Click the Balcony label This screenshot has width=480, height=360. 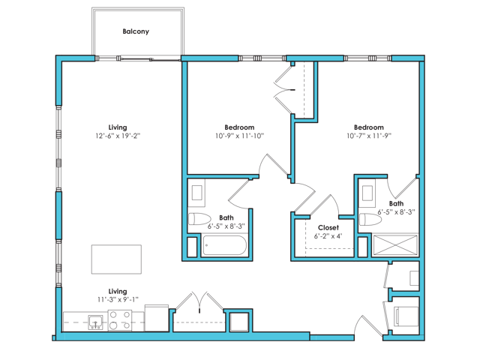coord(136,31)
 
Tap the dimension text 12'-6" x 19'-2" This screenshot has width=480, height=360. coord(118,136)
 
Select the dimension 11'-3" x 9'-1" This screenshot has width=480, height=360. coord(118,300)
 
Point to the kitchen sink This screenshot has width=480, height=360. coord(95,322)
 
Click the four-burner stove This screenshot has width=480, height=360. coord(120,320)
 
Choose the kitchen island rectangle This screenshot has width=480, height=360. coord(116,259)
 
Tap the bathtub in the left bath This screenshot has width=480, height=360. coord(224,245)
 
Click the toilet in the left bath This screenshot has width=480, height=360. coord(199,219)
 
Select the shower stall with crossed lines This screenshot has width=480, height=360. coord(395,245)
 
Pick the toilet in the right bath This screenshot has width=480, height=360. coord(370,219)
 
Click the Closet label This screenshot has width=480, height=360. coord(328,228)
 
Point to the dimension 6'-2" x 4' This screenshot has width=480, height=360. coord(328,236)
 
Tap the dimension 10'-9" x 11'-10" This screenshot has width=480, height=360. coord(239,136)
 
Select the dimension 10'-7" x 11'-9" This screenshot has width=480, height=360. coord(369,136)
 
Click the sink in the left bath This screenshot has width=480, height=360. coord(196,193)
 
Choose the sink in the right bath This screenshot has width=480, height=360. coord(367,193)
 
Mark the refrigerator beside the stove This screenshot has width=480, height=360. coord(157,318)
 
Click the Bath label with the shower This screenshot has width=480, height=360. coord(396,203)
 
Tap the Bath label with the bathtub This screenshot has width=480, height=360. coord(226,218)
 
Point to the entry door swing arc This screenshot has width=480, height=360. coord(358,325)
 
